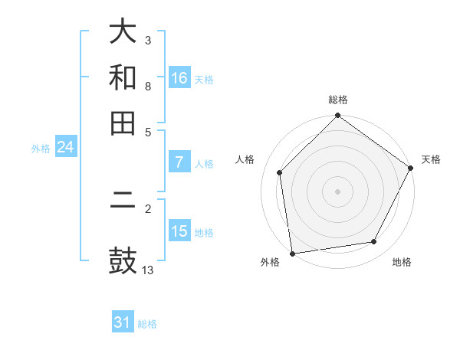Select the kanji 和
pos(123,77)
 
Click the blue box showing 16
pos(179,78)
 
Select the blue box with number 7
pos(179,162)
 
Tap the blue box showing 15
pos(179,231)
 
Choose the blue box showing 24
pos(65,147)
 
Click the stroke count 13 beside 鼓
pos(149,270)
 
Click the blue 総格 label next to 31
pos(148,324)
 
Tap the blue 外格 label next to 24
pos(41,149)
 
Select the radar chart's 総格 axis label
pos(337,100)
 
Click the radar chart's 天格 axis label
pos(431,159)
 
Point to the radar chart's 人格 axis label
pos(245,159)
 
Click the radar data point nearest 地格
pos(374,242)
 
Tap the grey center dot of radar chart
pos(337,191)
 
